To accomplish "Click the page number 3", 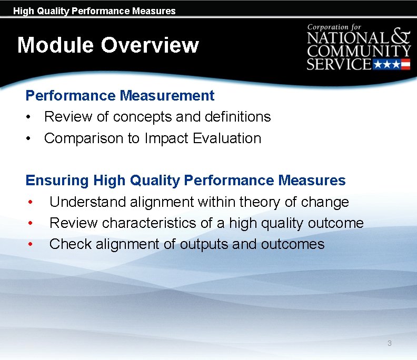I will click(389, 343).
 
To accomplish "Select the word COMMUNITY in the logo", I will click(359, 52).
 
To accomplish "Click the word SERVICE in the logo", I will click(339, 65).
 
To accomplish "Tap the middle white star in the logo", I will click(386, 65).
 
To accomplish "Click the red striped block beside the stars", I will click(404, 65).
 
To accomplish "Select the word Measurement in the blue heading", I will click(167, 96).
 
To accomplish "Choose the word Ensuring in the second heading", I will click(57, 181).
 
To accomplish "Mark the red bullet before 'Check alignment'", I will click(31, 244).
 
